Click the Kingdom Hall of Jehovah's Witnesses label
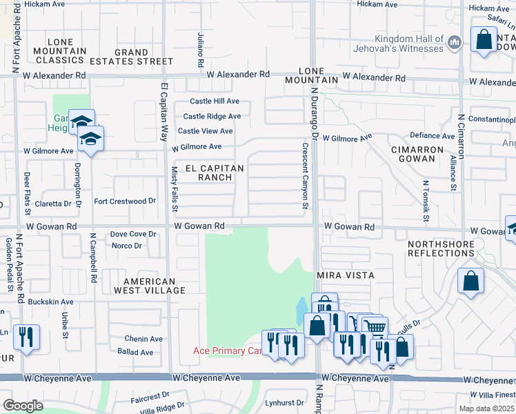408,43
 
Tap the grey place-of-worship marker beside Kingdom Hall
454,43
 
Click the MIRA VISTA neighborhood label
345,275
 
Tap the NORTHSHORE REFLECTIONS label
441,248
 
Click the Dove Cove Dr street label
133,235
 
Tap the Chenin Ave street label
143,339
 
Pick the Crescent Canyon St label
304,175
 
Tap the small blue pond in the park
302,308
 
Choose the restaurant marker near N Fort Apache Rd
26,337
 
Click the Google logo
23,406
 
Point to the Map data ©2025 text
486,408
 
